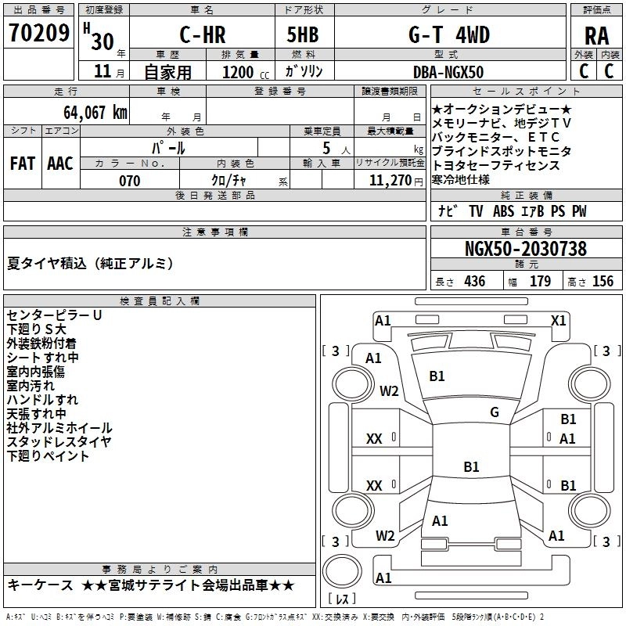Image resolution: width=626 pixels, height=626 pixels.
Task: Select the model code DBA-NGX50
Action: [448, 72]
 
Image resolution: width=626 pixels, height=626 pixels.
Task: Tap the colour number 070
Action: [129, 181]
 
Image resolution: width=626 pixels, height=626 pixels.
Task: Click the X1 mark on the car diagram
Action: [558, 320]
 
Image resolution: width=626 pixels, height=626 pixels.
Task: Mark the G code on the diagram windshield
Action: [494, 412]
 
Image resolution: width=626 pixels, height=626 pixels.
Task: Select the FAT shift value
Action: [22, 164]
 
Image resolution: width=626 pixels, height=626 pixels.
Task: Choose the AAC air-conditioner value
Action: [60, 164]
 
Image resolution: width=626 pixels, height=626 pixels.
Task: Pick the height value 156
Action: [602, 282]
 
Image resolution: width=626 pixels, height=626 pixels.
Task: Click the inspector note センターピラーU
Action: [54, 315]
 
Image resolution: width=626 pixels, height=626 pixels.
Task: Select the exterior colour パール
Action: [168, 147]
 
